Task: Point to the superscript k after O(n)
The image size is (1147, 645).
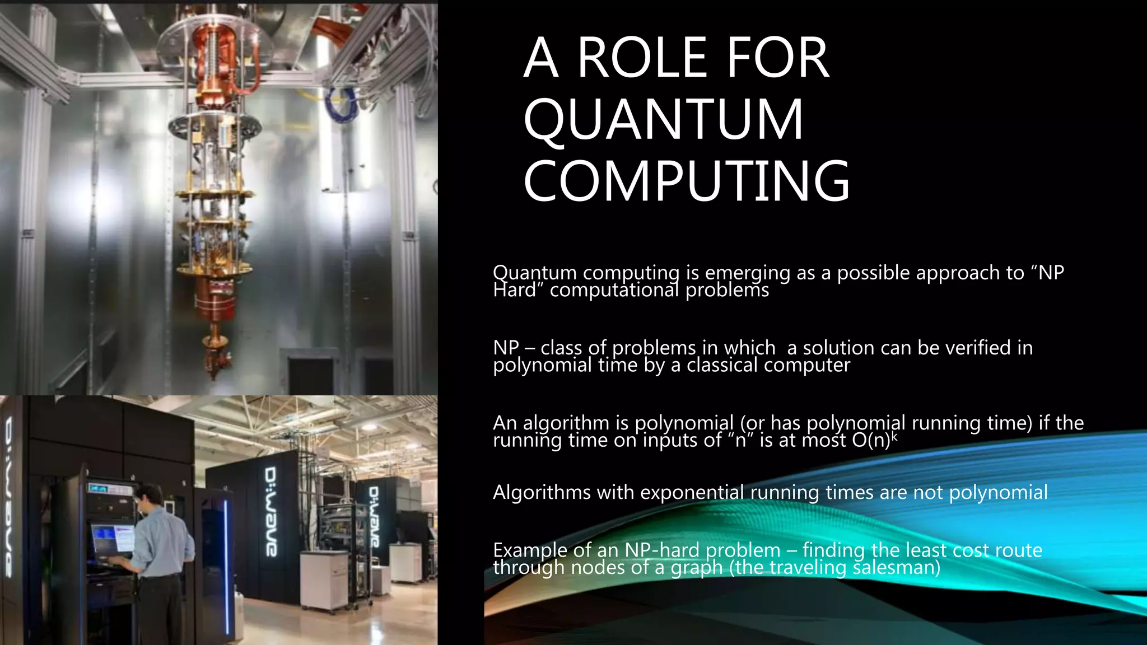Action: [894, 435]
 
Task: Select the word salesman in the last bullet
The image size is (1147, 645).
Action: [896, 568]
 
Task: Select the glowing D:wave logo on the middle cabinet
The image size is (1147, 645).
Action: [271, 511]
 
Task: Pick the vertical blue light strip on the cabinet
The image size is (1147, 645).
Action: [226, 565]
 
